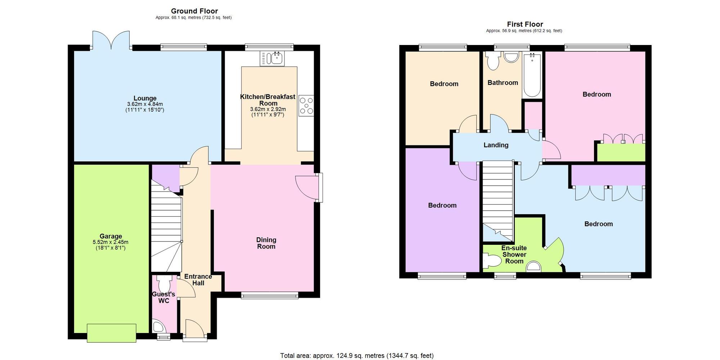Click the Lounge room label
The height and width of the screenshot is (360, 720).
coord(145,98)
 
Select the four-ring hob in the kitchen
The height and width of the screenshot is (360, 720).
coord(306,105)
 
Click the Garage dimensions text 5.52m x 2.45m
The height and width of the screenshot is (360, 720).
coord(111,242)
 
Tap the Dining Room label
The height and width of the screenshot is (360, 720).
coord(266,243)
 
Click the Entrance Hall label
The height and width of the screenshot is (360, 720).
coord(198,280)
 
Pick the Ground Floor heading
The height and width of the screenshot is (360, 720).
coord(194,11)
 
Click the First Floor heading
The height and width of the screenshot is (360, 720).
coord(525,24)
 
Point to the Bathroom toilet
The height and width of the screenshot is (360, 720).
coord(492,61)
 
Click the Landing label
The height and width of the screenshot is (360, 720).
coord(496,145)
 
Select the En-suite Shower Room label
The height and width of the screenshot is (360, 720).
coord(514,255)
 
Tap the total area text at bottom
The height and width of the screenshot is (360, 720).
coord(357,356)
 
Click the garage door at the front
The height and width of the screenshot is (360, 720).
coord(112,333)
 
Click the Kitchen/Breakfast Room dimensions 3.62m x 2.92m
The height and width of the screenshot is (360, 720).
coord(268,109)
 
